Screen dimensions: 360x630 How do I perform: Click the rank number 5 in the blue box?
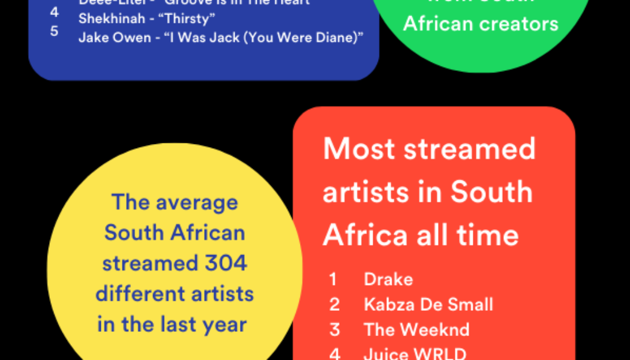pos(54,31)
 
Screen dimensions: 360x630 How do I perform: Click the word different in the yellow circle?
pos(134,294)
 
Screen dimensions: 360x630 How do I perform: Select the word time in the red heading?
pos(488,235)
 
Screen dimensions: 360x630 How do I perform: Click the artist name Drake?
pos(388,279)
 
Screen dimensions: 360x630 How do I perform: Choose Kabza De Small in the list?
pos(428,304)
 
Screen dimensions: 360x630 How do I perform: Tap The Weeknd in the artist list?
pos(416,329)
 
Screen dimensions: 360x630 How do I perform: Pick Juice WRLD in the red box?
pos(415,353)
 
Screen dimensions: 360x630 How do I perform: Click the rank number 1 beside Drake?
pos(333,279)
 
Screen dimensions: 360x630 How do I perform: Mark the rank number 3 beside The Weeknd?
pos(334,329)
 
